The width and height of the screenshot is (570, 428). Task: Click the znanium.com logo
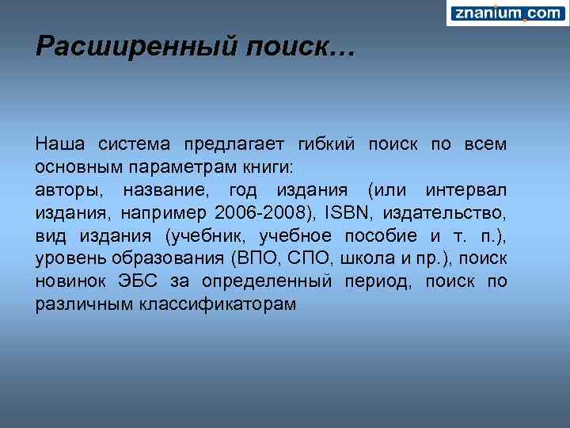507,13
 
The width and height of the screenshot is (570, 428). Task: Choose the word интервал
466,191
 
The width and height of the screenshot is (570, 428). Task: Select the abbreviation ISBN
349,214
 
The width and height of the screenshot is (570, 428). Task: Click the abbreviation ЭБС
138,282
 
